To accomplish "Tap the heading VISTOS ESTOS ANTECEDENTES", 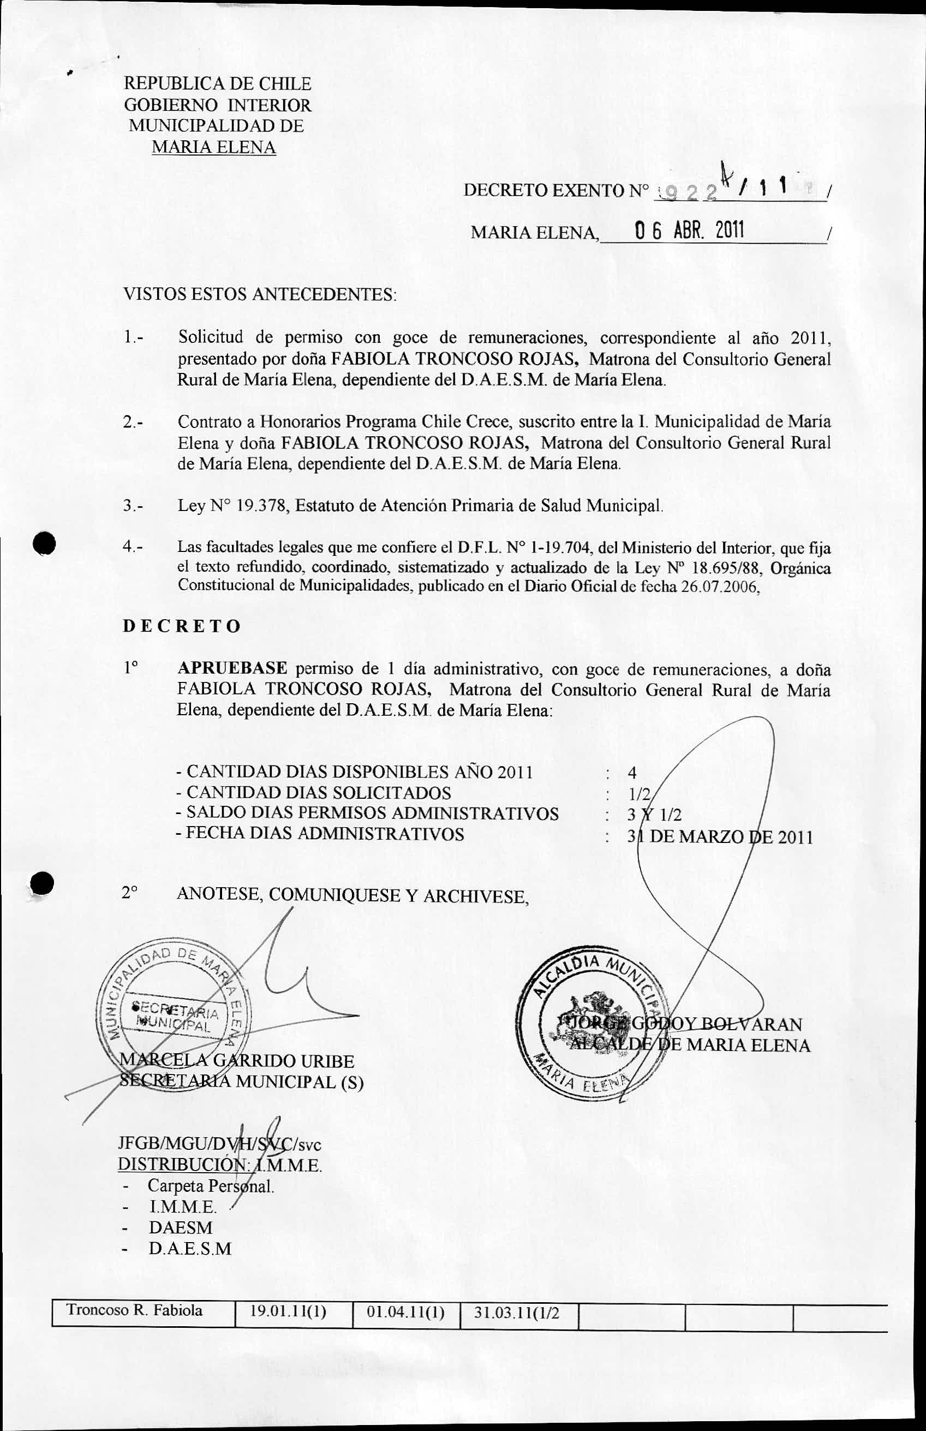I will coord(260,295).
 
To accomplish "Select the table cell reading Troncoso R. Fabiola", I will coord(135,1311).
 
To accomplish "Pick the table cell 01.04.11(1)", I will coord(405,1312).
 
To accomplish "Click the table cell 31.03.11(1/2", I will coord(517,1313).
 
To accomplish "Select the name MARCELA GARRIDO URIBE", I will coord(238,1061).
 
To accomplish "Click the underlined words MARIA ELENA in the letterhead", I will coord(214,147).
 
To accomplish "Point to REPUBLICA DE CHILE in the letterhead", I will coord(218,84).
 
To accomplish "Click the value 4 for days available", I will coord(632,773).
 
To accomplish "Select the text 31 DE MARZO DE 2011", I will coord(720,837).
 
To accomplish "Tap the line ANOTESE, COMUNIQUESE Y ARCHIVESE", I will coord(353,896).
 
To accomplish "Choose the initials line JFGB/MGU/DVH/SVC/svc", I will coord(220,1144).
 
